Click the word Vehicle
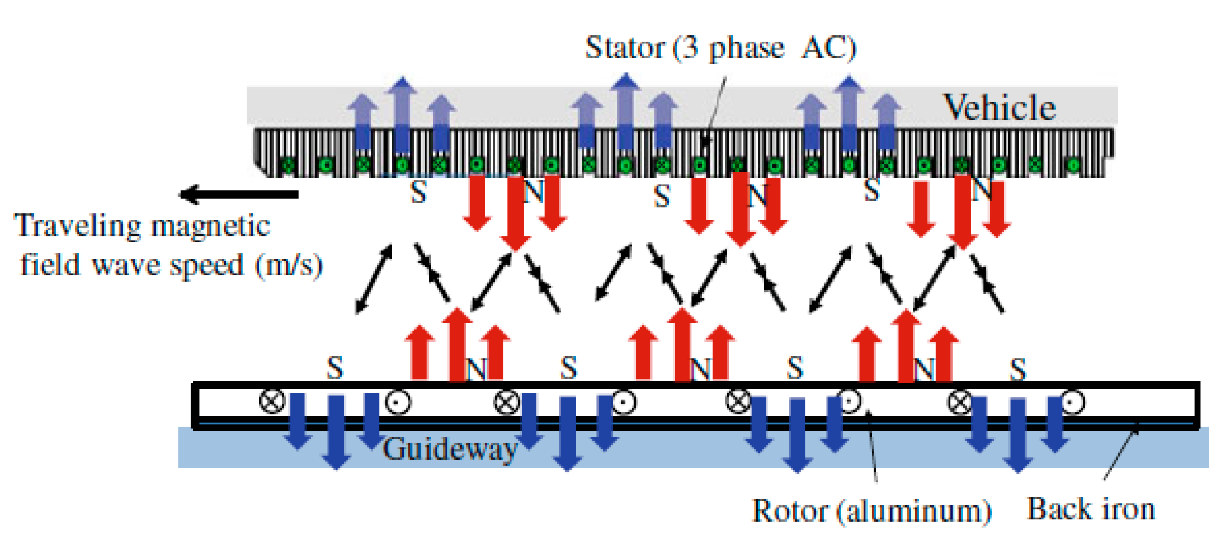[999, 108]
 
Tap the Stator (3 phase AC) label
[720, 48]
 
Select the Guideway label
[449, 449]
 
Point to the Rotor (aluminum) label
[871, 510]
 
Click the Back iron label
[1090, 509]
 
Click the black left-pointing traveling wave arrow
[239, 194]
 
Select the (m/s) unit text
[288, 266]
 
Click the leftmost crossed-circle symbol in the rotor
[272, 401]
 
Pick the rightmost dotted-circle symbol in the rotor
[1072, 402]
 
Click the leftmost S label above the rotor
[335, 368]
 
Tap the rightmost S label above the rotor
[1018, 369]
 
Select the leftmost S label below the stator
[418, 193]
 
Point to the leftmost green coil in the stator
[288, 166]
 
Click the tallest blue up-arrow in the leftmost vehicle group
[402, 114]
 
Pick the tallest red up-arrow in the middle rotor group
[682, 345]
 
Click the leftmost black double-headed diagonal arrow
[374, 279]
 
